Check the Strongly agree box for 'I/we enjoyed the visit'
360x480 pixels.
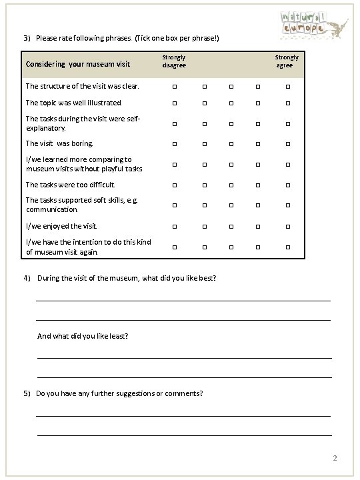pyautogui.click(x=289, y=227)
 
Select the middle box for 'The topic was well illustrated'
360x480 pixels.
pyautogui.click(x=231, y=103)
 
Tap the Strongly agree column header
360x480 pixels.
pyautogui.click(x=287, y=61)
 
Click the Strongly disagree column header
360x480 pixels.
pyautogui.click(x=174, y=61)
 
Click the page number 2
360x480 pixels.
pyautogui.click(x=335, y=459)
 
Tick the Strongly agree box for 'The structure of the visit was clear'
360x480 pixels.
pyautogui.click(x=289, y=86)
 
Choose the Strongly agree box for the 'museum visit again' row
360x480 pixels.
pyautogui.click(x=289, y=248)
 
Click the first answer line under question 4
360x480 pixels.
pyautogui.click(x=183, y=300)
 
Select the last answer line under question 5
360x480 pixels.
pyautogui.click(x=183, y=435)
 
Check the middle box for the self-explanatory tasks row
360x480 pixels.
pyautogui.click(x=231, y=123)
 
